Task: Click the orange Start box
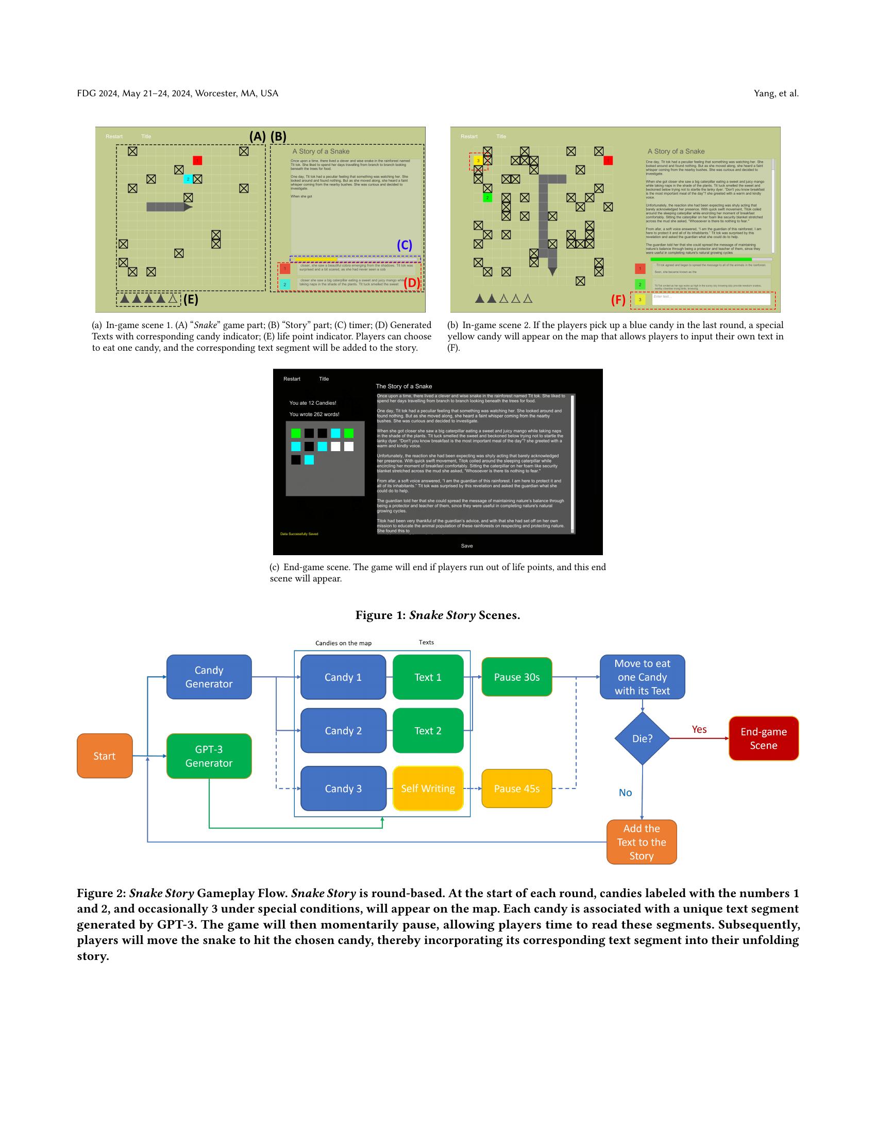click(104, 756)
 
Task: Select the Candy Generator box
click(209, 677)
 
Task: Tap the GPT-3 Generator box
click(209, 756)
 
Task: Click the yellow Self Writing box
click(428, 788)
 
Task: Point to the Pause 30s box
click(516, 677)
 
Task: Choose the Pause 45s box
click(516, 788)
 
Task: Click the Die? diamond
click(642, 738)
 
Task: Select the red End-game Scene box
click(763, 738)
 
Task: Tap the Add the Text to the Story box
click(642, 842)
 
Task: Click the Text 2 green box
click(428, 730)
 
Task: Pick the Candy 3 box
click(343, 788)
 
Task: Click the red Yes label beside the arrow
click(699, 729)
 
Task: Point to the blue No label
click(626, 793)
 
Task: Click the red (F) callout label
click(617, 300)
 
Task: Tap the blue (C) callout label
click(405, 245)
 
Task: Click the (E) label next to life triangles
click(191, 299)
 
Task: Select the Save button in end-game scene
click(466, 546)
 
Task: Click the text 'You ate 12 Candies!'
click(312, 403)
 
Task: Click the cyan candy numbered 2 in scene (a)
click(188, 179)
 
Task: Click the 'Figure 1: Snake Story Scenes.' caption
click(437, 615)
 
